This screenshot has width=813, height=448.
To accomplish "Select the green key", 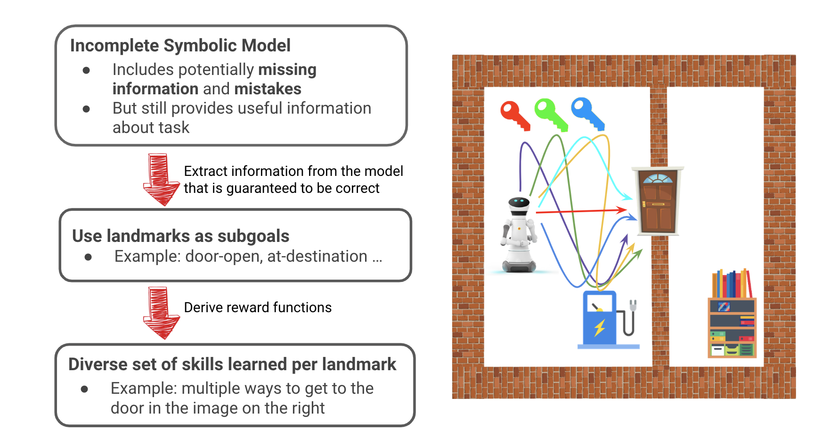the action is pos(550,114).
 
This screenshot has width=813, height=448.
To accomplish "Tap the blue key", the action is pos(586,113).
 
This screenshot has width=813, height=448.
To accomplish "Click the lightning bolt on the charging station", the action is pos(600,327).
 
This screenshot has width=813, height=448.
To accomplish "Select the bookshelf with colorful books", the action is pos(732,315).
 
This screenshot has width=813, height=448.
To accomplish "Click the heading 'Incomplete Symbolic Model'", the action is pos(180,46).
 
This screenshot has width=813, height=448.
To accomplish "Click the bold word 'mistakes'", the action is pos(268,89).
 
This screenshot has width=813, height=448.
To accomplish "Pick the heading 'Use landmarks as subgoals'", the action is pos(180,236).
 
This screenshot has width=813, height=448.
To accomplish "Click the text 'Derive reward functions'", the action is pos(258,307).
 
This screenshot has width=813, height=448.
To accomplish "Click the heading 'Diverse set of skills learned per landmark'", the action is pos(232,365).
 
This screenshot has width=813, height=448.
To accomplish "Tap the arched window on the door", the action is pos(658,178).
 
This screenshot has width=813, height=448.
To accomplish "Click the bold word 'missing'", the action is pos(287,70).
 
